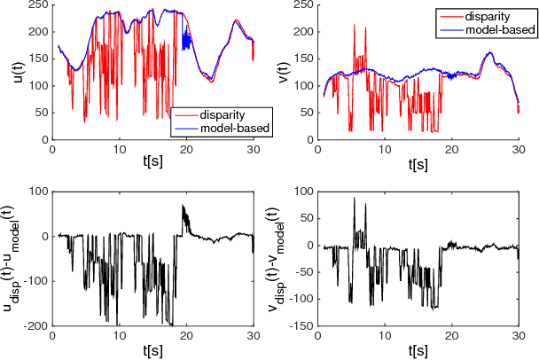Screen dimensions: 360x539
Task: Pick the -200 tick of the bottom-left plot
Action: [x=33, y=326]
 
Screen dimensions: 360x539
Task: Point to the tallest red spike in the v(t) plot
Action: [x=354, y=26]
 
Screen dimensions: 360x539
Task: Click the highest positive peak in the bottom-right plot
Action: [x=354, y=198]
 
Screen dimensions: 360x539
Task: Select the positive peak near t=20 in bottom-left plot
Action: [x=184, y=206]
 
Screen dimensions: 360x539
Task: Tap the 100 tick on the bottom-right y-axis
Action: [x=309, y=191]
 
